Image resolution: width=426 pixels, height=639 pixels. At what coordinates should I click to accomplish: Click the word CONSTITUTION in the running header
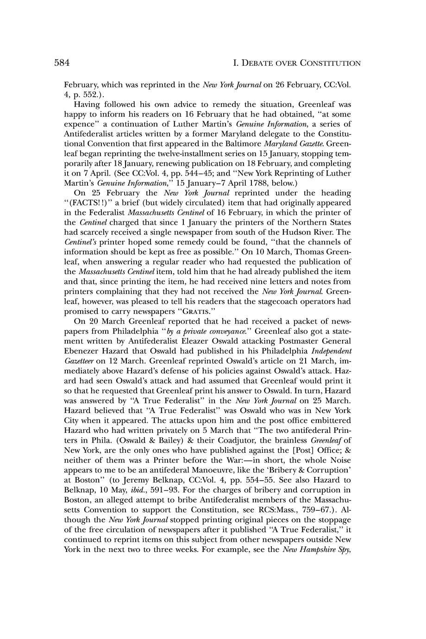pyautogui.click(x=331, y=63)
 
